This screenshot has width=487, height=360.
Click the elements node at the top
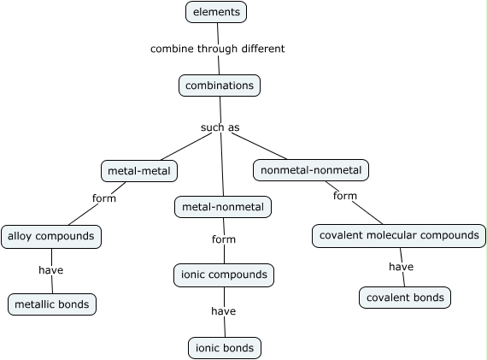(x=216, y=12)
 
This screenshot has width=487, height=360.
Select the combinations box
(x=220, y=86)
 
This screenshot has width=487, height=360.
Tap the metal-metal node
(x=139, y=171)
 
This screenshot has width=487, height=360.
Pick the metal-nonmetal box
(x=223, y=207)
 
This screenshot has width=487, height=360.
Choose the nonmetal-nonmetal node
(x=311, y=170)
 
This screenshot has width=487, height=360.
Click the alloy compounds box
(x=51, y=237)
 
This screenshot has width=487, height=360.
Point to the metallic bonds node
(x=52, y=304)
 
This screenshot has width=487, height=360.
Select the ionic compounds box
(x=224, y=275)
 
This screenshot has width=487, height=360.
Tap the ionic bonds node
(x=225, y=348)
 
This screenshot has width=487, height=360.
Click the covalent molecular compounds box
(x=399, y=236)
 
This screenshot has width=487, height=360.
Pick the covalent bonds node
(x=405, y=298)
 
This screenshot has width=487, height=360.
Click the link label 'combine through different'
(x=217, y=49)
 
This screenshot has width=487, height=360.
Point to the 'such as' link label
(x=220, y=127)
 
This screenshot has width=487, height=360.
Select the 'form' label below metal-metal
(x=104, y=198)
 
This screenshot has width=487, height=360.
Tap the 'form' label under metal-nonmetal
(x=224, y=239)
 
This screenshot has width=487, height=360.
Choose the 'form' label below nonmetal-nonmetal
(x=345, y=196)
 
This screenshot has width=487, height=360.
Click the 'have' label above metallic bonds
(x=51, y=270)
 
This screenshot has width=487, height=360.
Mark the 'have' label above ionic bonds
(x=224, y=311)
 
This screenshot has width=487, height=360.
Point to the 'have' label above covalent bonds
(x=402, y=267)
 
